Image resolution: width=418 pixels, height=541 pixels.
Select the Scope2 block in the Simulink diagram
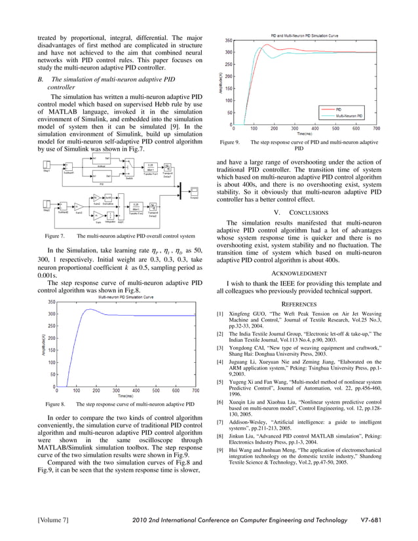click(195, 191)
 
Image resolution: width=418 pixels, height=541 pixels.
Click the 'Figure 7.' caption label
click(54, 236)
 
